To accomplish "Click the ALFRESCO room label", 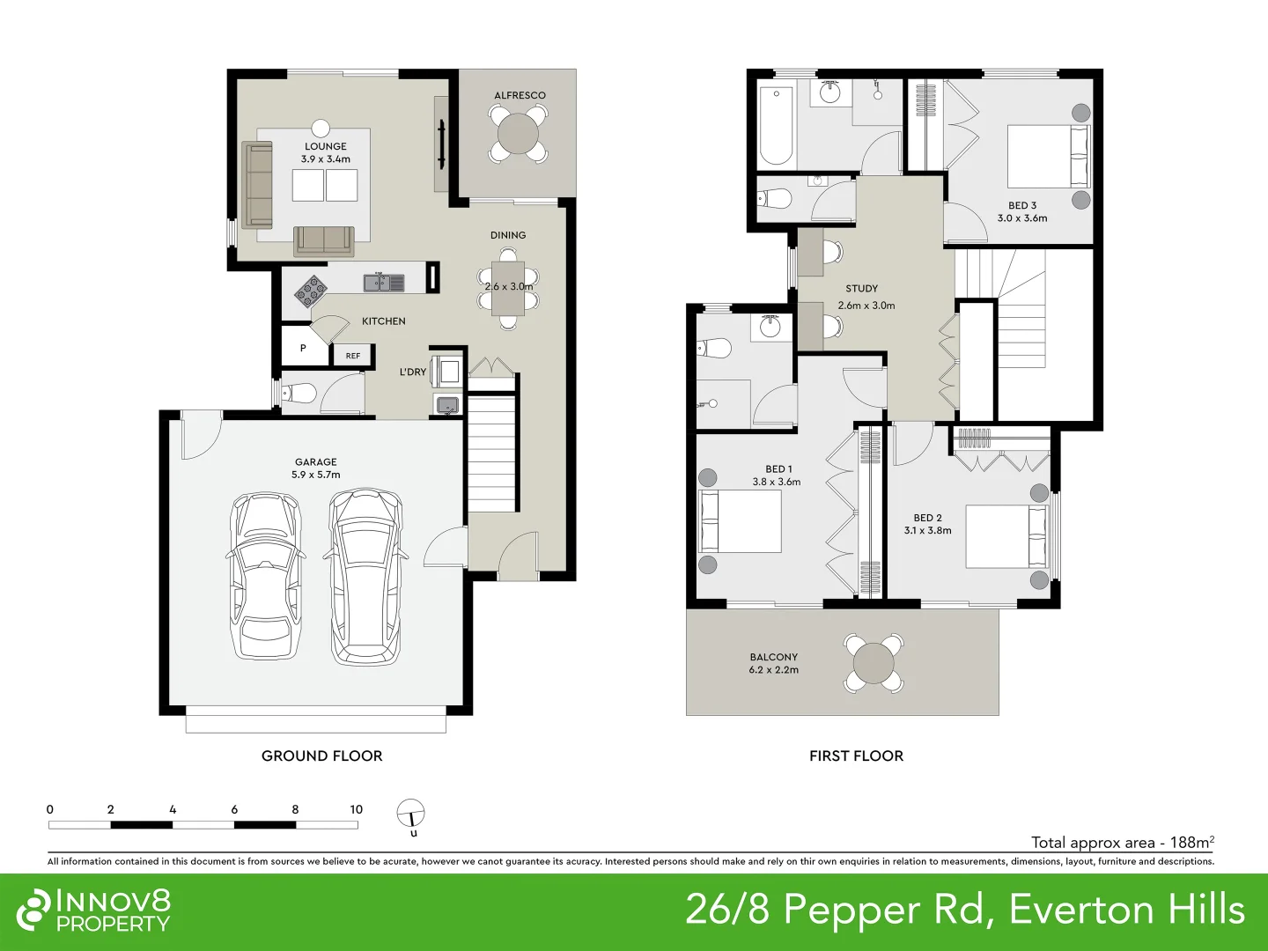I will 520,95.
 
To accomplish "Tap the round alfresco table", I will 519,135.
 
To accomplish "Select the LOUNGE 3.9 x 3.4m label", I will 326,152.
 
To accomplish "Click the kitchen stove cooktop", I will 310,290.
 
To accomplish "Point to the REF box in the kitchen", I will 353,356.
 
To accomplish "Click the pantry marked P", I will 303,348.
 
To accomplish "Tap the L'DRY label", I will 412,372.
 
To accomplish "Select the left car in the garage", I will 264,578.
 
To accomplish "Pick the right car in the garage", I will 365,577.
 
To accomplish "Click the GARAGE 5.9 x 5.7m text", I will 316,468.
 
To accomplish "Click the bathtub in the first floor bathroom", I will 777,126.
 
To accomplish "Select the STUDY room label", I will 861,288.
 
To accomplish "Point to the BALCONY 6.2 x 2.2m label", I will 774,663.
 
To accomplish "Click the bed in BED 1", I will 741,521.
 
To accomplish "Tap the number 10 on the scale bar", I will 356,809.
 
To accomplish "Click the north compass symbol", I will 411,815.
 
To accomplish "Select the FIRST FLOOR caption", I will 856,756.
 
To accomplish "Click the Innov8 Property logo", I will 94,910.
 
